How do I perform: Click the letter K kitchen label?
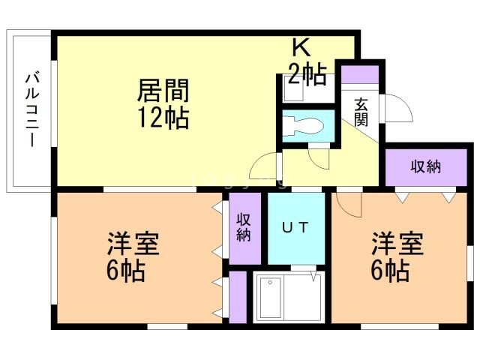coord(301,47)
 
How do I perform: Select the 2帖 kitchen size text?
coord(307,74)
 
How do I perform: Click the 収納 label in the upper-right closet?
coord(425,167)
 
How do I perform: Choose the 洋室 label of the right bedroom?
coord(398,244)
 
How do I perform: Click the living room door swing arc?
coord(262,166)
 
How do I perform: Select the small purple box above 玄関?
coord(359,75)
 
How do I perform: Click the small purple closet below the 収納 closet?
coord(238,298)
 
